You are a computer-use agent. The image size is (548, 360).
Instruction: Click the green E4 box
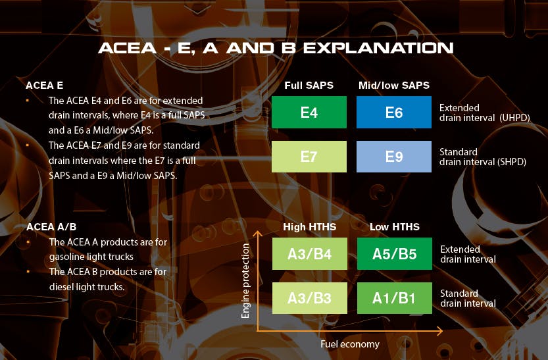(309, 112)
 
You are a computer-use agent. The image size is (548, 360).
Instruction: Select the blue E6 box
(394, 112)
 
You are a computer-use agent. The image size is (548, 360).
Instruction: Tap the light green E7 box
(309, 157)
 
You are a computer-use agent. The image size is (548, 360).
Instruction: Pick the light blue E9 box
(394, 157)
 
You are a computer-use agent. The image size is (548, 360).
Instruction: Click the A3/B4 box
(310, 254)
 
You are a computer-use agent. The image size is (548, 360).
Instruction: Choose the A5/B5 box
(395, 254)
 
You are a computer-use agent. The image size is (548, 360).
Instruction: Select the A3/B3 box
(310, 298)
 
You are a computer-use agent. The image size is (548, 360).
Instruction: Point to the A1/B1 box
(395, 298)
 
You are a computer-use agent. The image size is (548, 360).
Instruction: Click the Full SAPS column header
(309, 86)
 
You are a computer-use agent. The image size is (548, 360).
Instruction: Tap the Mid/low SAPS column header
(394, 86)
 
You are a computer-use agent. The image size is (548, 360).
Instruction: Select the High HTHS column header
(310, 227)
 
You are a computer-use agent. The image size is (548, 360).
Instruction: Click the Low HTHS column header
(395, 227)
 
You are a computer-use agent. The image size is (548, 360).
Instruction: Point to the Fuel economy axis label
(350, 344)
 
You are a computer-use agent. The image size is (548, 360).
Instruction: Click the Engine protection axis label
(245, 281)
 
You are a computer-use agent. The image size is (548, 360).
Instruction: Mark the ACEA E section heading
(44, 86)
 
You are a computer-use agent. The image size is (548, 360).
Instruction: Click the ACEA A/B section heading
(51, 227)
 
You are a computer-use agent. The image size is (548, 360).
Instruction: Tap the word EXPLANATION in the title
(378, 48)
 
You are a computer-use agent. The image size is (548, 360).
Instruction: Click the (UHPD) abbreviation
(515, 118)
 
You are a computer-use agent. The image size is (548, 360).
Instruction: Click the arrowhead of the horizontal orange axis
(439, 330)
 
